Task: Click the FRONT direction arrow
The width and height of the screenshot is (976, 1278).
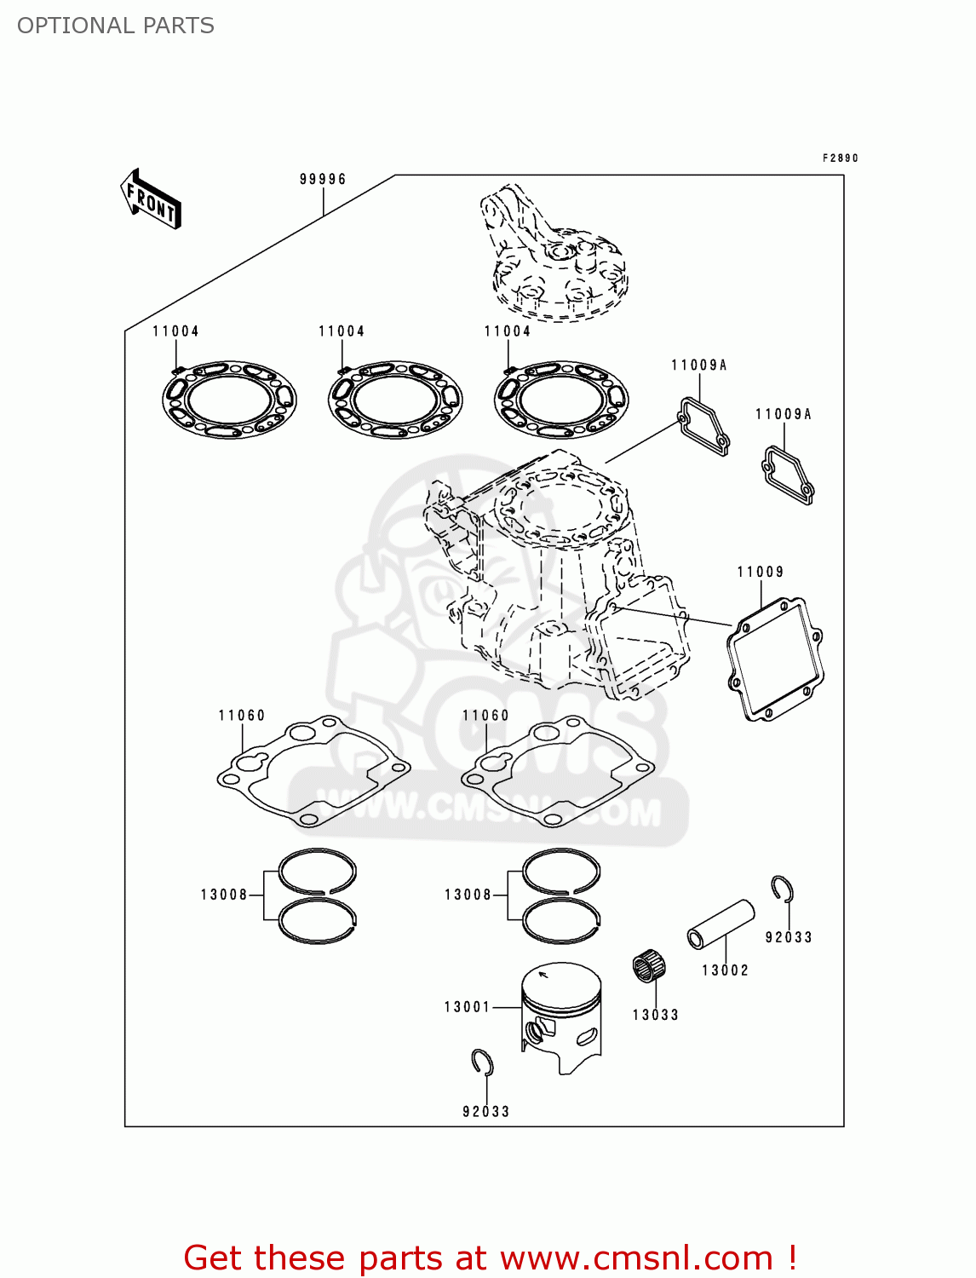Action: tap(151, 199)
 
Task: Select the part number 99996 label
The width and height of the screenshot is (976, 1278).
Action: tap(323, 179)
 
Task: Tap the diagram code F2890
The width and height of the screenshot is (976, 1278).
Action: tap(840, 158)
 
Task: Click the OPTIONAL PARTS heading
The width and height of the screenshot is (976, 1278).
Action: tap(116, 26)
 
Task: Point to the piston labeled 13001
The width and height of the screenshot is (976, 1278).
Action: tap(561, 1014)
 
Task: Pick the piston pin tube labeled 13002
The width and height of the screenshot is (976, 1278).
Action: tap(721, 924)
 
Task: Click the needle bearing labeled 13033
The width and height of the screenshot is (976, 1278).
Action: tap(649, 966)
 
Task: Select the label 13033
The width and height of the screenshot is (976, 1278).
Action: tap(655, 1015)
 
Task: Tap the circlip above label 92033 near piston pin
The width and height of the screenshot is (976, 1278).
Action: tap(783, 889)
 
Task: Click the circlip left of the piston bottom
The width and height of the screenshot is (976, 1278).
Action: tap(483, 1062)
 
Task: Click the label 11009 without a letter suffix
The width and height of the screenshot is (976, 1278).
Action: tap(760, 572)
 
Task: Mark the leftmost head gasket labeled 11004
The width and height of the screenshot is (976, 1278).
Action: tap(229, 399)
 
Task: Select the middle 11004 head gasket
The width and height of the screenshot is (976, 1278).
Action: tap(395, 399)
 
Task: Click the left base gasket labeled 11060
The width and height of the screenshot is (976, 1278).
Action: tap(313, 771)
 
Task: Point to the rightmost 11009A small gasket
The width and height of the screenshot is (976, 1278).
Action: tap(788, 475)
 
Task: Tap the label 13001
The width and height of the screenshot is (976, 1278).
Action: tap(467, 1007)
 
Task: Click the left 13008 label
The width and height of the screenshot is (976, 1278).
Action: tap(224, 895)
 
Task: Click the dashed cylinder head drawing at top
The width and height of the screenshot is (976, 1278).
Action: tap(554, 256)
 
